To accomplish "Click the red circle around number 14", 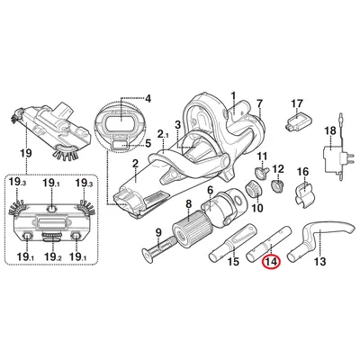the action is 271,262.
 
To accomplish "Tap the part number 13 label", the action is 319,261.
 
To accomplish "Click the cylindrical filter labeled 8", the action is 188,229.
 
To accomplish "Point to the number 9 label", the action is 158,232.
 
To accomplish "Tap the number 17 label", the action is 297,103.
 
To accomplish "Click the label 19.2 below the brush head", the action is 52,256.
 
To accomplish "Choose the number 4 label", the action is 148,98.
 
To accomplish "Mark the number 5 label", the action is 148,143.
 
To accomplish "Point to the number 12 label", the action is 278,169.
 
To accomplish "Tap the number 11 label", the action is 263,157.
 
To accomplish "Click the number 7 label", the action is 259,103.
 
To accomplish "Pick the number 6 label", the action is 210,190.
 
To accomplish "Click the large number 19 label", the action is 26,153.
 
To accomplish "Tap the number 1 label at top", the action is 233,96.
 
